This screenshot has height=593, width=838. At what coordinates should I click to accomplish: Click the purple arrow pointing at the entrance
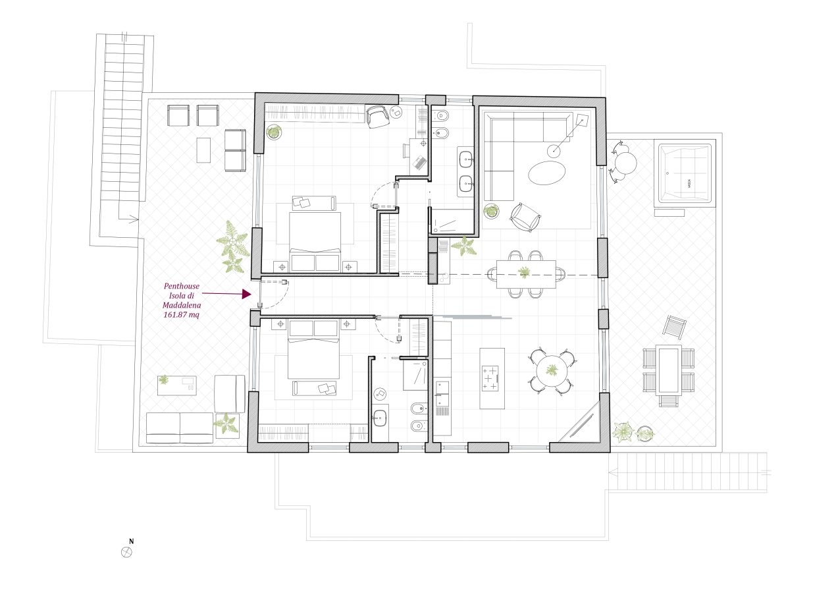226,294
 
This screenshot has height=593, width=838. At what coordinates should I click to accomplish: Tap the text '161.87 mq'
182,315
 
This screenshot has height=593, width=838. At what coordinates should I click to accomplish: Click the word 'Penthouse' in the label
182,286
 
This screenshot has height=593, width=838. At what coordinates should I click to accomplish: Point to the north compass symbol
127,552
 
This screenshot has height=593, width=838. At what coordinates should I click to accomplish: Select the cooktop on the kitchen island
490,378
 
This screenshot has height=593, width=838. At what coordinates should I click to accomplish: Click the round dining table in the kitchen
552,371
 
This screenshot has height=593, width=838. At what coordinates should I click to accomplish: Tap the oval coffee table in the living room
546,173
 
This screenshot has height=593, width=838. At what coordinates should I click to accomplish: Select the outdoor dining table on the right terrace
669,370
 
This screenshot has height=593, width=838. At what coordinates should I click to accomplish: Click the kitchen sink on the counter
442,394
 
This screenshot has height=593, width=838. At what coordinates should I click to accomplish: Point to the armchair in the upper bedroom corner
377,117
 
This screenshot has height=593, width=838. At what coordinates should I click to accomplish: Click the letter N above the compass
131,541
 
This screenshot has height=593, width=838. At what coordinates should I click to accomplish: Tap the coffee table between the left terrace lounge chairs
203,150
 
